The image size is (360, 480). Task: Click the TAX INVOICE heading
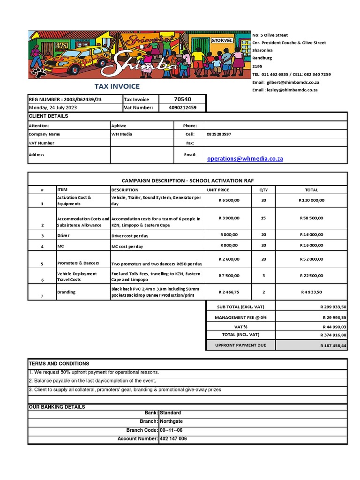(x=117, y=86)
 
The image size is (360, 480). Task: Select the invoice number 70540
(x=182, y=99)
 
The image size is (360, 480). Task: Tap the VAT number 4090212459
(x=182, y=107)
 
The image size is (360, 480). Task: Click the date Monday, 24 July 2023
(x=53, y=107)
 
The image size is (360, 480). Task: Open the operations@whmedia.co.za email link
(x=245, y=158)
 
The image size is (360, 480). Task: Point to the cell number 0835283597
(x=219, y=134)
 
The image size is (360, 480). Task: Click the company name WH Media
(x=122, y=134)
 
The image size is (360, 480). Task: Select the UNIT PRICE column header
(x=218, y=190)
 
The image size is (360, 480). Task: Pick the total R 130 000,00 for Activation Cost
(x=311, y=200)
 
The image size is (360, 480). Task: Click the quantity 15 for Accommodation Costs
(x=263, y=218)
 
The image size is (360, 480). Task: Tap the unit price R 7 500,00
(x=229, y=276)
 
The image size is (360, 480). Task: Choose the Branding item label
(x=66, y=292)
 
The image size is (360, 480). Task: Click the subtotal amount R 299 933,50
(x=333, y=307)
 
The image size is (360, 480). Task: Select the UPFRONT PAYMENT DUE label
(x=240, y=345)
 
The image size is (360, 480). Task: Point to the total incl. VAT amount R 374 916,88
(x=333, y=335)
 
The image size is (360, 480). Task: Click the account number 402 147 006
(x=173, y=439)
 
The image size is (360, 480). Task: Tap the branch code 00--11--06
(x=171, y=430)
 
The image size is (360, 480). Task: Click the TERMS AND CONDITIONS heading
(x=59, y=364)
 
